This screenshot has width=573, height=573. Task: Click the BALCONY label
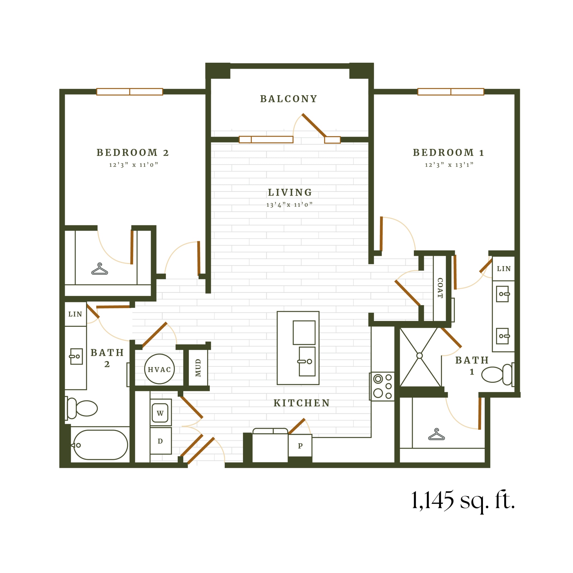(x=288, y=99)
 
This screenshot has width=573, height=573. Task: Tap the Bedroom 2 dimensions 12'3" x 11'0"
(x=133, y=165)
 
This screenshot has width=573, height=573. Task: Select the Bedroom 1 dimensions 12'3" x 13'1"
(x=449, y=165)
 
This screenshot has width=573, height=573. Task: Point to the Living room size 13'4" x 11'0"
(x=289, y=205)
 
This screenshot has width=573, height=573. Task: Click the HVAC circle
(x=159, y=369)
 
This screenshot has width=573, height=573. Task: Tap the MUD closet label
(x=198, y=368)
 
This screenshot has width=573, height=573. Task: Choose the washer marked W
(x=160, y=413)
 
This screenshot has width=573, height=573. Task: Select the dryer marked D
(x=160, y=441)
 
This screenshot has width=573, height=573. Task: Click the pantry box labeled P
(x=300, y=446)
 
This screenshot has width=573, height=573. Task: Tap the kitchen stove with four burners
(x=382, y=386)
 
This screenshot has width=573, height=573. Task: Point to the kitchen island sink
(x=307, y=361)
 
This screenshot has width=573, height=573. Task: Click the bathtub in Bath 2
(x=100, y=445)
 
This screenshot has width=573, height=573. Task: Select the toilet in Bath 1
(x=496, y=375)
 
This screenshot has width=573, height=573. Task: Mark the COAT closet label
(x=440, y=288)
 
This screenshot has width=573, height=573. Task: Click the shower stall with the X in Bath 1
(x=419, y=356)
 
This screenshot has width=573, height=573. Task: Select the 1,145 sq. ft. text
(x=463, y=500)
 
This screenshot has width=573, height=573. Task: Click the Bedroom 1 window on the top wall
(x=450, y=92)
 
